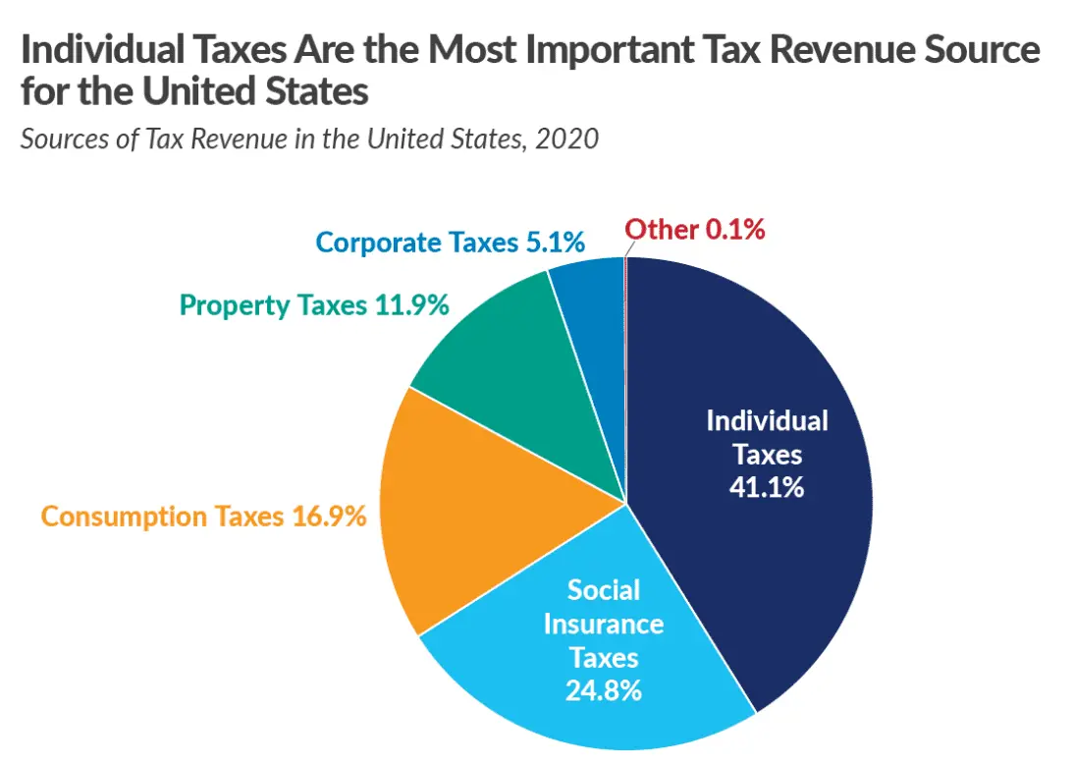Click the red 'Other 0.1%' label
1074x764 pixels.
[695, 231]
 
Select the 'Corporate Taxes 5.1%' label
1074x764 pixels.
[451, 243]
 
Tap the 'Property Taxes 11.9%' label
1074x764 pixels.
[314, 305]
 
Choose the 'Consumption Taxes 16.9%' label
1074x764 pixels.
[203, 516]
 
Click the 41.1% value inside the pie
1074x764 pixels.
[767, 486]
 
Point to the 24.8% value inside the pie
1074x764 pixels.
[604, 689]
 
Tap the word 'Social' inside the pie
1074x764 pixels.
[604, 590]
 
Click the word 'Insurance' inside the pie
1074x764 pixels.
[604, 624]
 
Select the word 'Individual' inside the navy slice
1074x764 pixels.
[767, 421]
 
